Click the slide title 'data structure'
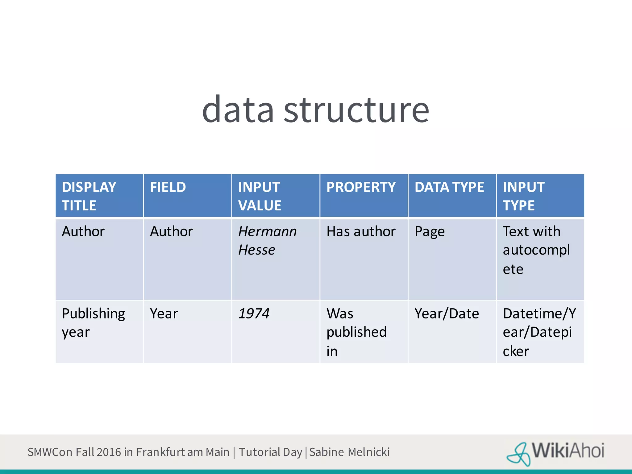315,110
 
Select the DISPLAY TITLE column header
89,196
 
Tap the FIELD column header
168,187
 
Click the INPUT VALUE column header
260,196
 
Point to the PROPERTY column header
361,187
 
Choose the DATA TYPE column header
449,187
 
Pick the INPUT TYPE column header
523,196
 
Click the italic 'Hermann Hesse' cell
267,240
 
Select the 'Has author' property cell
361,231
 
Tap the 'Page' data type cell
430,231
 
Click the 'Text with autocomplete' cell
536,250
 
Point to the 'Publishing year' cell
93,322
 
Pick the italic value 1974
254,314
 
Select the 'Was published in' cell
356,332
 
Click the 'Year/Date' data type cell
447,314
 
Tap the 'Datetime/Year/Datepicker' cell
539,332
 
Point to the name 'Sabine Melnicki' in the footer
349,452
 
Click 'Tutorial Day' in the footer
270,452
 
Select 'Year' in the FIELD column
164,314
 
